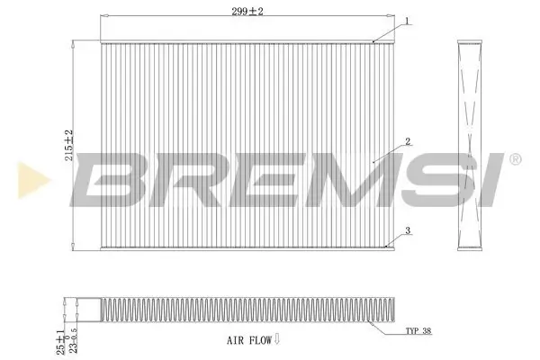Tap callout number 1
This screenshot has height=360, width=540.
point(407,20)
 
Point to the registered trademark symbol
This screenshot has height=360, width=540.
point(515,159)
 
